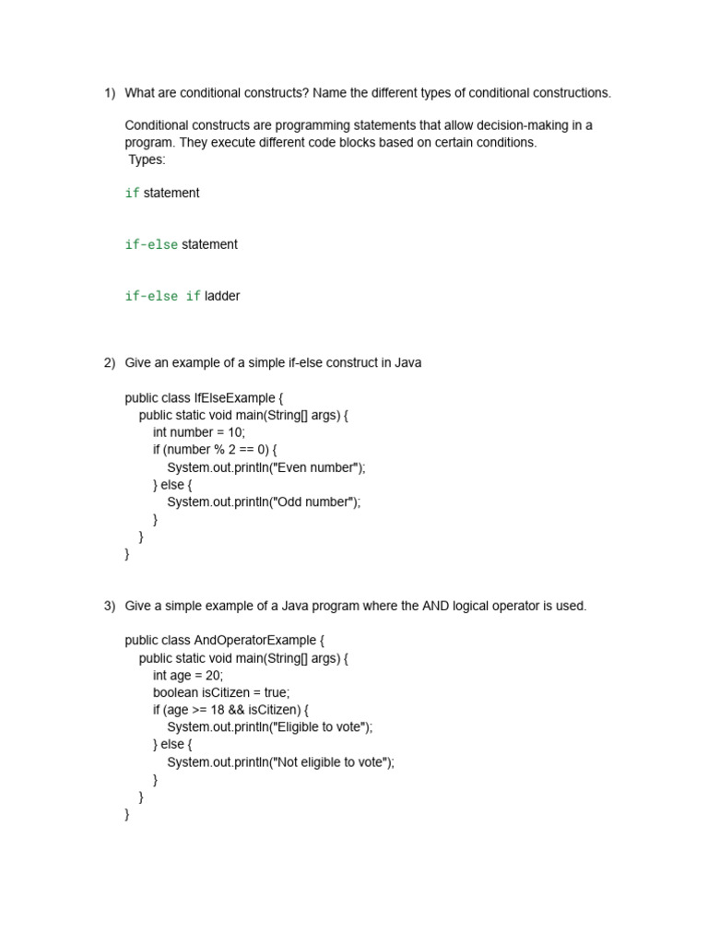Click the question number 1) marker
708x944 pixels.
(109, 93)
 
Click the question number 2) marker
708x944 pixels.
(109, 363)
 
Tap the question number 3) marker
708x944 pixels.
(109, 606)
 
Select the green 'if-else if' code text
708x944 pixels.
(162, 296)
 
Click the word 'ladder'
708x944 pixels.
(222, 296)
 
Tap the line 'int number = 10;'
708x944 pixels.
(199, 432)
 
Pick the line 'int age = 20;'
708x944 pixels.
(188, 675)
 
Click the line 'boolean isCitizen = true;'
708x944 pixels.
(221, 692)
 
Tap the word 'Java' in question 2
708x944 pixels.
(408, 363)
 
